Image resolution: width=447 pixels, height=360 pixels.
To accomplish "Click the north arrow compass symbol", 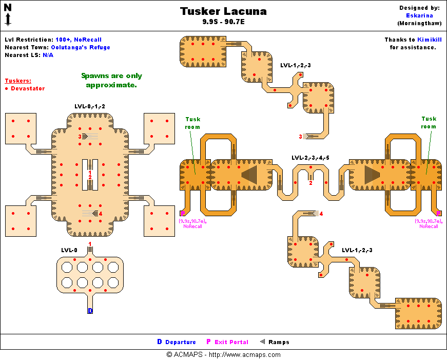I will click(x=8, y=14).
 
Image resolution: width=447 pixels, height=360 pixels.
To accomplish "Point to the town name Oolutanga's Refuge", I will click(x=80, y=47).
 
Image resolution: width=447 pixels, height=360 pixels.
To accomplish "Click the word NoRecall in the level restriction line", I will click(x=88, y=40).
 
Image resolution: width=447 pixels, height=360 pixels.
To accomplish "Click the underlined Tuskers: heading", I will click(x=18, y=81).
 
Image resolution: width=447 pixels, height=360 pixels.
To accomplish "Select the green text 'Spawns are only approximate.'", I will click(x=111, y=80).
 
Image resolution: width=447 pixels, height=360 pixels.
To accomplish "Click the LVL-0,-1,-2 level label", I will click(x=90, y=106).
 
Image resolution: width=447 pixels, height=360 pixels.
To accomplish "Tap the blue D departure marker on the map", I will click(x=90, y=311).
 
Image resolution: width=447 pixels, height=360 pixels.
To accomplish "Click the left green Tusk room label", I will click(x=192, y=123).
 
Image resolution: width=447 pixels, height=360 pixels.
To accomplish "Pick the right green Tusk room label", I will click(x=429, y=123).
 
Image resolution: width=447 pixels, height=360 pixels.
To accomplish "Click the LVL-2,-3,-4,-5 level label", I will click(x=310, y=158).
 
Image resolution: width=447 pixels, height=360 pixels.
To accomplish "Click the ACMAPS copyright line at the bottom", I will click(x=223, y=354).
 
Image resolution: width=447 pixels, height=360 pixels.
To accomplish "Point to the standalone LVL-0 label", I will click(x=69, y=250).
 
